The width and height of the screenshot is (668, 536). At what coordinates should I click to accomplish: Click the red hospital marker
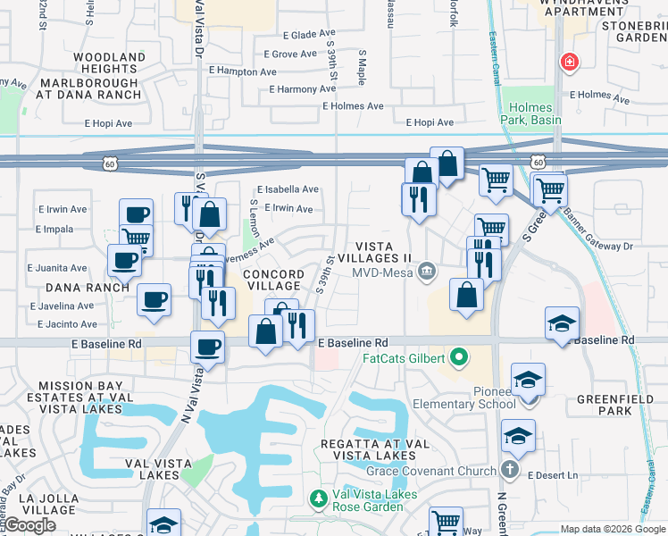tap(567, 63)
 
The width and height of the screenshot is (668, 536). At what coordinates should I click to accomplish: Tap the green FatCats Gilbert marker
tap(460, 358)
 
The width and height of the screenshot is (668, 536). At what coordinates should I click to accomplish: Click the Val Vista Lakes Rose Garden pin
tap(315, 497)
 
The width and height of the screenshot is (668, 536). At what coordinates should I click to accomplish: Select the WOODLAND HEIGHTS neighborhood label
tap(109, 63)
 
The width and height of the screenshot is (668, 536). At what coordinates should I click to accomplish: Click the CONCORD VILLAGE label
tap(272, 280)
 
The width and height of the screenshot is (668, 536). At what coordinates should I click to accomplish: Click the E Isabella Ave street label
tap(288, 189)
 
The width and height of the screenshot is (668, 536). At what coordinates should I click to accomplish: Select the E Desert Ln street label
tap(553, 475)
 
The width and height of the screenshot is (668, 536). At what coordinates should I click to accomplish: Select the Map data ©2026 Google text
tap(614, 529)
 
